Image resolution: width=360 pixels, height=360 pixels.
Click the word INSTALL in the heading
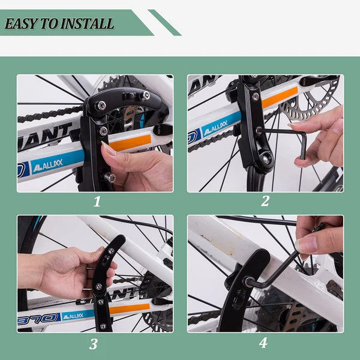(x=86, y=25)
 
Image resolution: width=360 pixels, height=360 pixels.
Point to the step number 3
(x=94, y=344)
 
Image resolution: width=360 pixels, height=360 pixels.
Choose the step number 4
(x=263, y=344)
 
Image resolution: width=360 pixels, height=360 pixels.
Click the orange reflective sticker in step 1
(x=130, y=142)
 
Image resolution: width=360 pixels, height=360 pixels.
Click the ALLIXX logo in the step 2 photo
(x=218, y=128)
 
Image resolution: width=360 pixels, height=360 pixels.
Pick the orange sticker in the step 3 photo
(x=128, y=308)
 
